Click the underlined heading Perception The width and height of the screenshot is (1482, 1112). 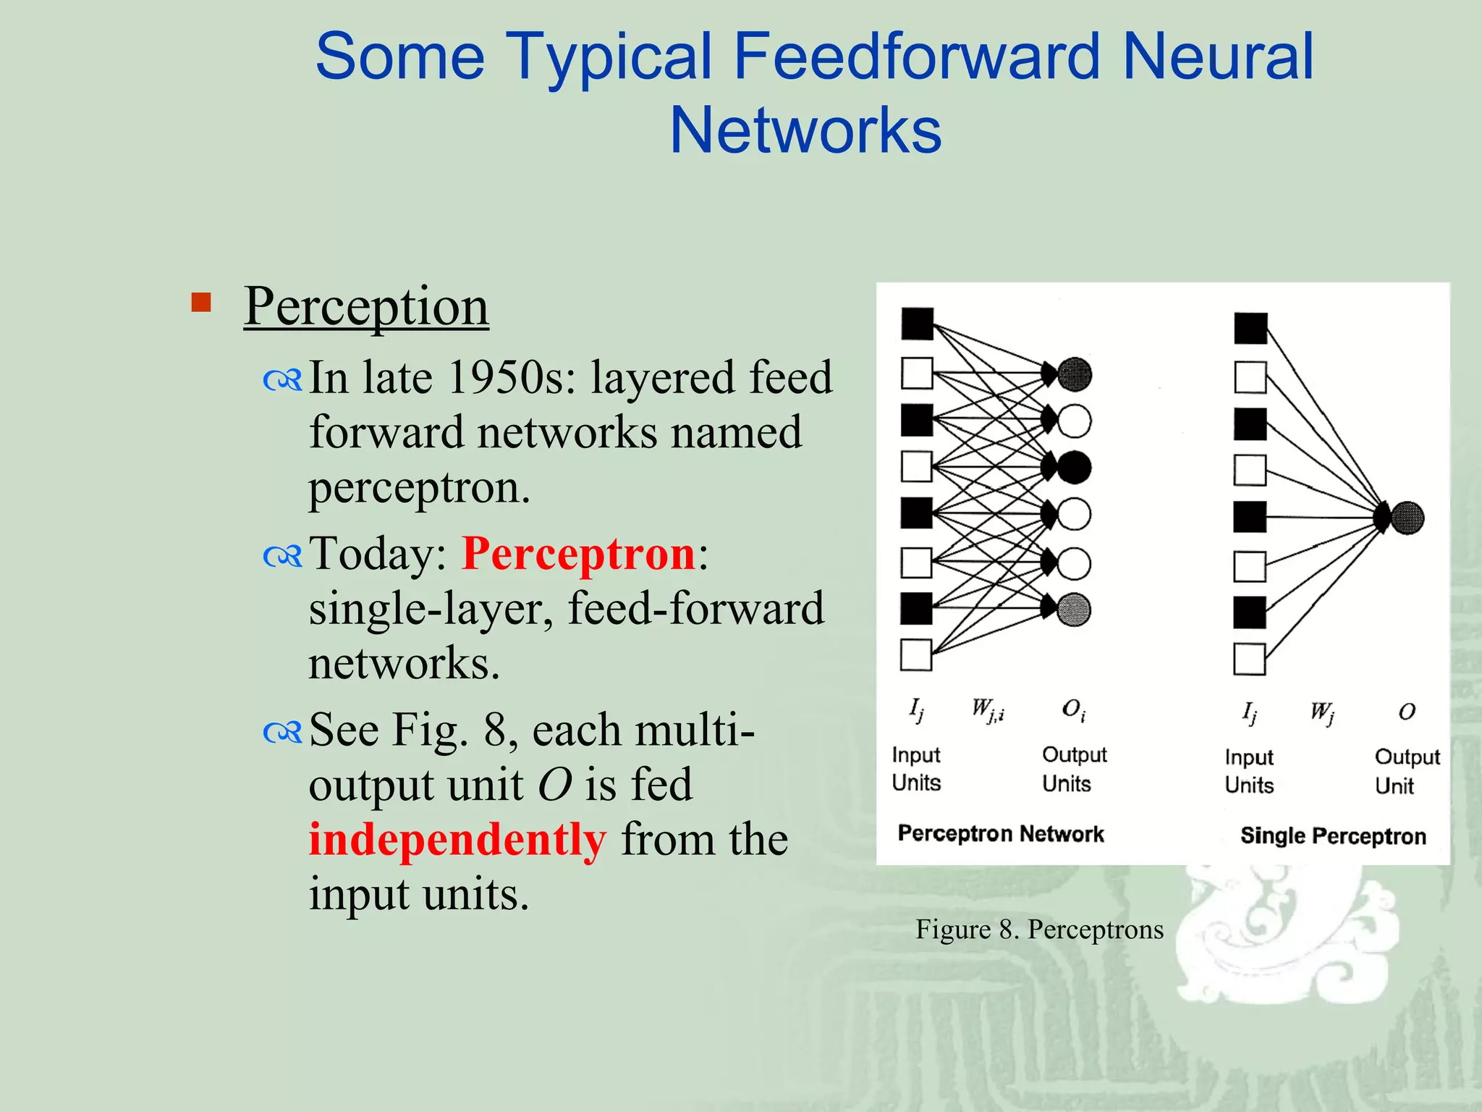tap(366, 306)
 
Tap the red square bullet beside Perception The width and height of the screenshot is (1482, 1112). tap(201, 302)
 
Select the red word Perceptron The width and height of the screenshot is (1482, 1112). tap(578, 554)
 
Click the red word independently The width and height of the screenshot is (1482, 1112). tap(457, 840)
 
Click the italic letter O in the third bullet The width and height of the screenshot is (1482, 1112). tap(555, 785)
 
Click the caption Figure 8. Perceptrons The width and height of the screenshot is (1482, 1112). tap(1039, 930)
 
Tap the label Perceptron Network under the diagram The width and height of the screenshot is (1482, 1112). tap(1001, 834)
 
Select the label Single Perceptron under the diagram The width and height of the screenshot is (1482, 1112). tap(1333, 836)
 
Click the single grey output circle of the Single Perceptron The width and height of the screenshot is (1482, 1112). tap(1407, 518)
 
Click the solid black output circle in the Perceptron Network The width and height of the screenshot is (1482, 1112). tap(1075, 468)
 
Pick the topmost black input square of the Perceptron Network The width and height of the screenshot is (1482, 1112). tap(918, 324)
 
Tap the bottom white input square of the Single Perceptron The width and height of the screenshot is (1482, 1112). tap(1249, 659)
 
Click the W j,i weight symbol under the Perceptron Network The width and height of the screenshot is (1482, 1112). tap(988, 710)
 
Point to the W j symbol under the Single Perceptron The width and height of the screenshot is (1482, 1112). tap(1322, 712)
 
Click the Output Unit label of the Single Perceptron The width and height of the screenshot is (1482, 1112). tap(1407, 771)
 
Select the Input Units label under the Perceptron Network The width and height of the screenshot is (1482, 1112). tap(916, 769)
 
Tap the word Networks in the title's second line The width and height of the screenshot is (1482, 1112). tap(805, 131)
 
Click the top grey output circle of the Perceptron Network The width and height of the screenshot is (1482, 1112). tap(1075, 374)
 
